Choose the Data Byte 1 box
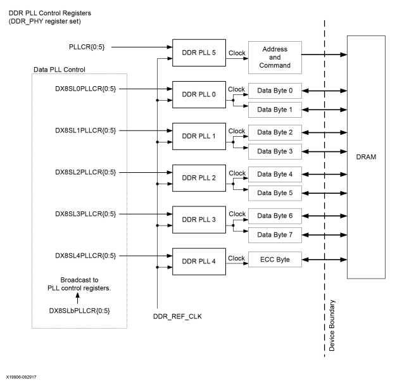pyautogui.click(x=275, y=110)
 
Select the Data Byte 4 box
pyautogui.click(x=275, y=173)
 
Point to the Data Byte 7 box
pyautogui.click(x=275, y=235)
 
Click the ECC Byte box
pyautogui.click(x=275, y=260)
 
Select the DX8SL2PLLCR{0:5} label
pyautogui.click(x=84, y=172)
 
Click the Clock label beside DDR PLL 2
pyautogui.click(x=236, y=172)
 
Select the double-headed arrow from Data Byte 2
pyautogui.click(x=324, y=132)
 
